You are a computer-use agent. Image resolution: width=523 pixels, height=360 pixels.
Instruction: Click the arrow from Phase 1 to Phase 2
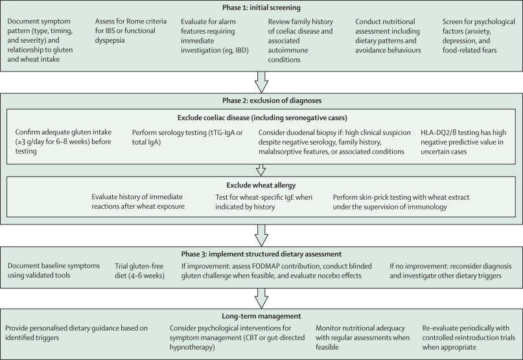click(261, 82)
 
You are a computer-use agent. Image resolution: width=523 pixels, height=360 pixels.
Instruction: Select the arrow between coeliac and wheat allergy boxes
click(261, 169)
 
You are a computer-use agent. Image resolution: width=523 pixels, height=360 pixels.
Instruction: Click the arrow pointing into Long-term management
click(261, 299)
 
